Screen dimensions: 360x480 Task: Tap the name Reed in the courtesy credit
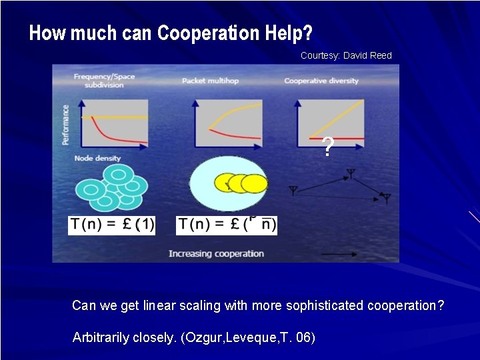point(379,55)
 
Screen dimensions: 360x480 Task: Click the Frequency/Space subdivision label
point(104,81)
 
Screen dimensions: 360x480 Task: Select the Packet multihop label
point(210,81)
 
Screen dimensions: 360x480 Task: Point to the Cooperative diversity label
point(321,81)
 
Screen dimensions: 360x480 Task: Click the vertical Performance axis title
point(65,124)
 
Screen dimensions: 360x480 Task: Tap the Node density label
point(97,159)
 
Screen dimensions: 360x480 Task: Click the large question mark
point(327,147)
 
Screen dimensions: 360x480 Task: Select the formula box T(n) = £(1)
point(111,225)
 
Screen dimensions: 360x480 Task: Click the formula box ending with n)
point(227,225)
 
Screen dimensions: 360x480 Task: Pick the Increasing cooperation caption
point(216,254)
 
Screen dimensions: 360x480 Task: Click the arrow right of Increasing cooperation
point(339,255)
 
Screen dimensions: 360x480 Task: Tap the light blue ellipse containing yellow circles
point(228,183)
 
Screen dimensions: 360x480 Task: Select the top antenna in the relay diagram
point(350,174)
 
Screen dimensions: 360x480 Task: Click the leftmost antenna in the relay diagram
point(293,191)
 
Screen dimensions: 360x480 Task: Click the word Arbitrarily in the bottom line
point(100,338)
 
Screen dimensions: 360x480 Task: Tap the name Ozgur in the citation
point(204,338)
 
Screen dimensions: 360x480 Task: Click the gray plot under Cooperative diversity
point(330,123)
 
